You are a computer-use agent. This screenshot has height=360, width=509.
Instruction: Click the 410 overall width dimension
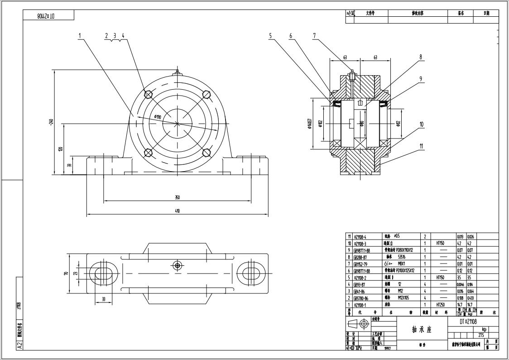pos(177,211)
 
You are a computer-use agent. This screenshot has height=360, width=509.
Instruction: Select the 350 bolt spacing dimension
pos(177,197)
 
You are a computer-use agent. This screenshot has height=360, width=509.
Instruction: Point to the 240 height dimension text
pos(52,122)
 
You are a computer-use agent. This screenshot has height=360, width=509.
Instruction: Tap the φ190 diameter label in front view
pos(158,117)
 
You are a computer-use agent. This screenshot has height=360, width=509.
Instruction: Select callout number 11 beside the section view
pos(421,146)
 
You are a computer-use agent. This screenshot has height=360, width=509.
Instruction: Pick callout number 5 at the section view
pos(270,36)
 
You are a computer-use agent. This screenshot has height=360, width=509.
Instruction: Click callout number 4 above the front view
pos(123,36)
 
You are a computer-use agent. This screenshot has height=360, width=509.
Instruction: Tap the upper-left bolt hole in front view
pos(148,94)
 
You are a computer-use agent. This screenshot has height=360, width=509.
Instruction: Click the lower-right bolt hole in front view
pos(206,153)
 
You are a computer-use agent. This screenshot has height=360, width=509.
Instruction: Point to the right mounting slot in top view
pos(250,273)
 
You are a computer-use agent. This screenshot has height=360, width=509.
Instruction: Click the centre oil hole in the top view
pos(177,265)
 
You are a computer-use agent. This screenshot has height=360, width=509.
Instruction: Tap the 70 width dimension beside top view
pos(66,273)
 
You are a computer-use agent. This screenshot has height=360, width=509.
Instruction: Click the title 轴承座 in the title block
pos(422,330)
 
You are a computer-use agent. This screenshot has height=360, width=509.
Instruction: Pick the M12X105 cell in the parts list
pos(405,298)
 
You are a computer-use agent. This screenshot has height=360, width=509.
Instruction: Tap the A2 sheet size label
pos(19,345)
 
